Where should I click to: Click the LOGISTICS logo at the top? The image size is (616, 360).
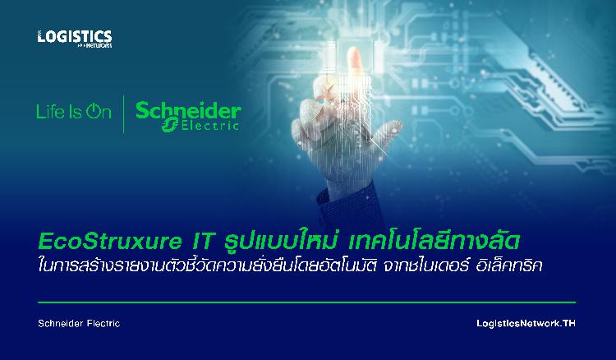coord(75,38)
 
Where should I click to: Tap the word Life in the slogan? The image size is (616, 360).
coord(49,111)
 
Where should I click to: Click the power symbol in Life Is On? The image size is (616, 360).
coord(94,111)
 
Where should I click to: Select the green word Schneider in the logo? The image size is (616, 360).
coord(188,111)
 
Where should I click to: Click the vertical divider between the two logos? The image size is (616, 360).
coord(124,114)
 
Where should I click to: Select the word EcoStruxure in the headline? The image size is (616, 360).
coord(110,242)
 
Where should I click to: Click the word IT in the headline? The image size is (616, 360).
coord(202,242)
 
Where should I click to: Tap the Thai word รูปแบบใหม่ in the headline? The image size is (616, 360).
coord(281,241)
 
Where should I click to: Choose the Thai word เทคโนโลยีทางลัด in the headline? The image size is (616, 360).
coord(434,241)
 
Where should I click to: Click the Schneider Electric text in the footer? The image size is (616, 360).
coord(79,324)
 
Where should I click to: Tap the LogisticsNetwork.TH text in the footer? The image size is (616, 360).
coord(526,324)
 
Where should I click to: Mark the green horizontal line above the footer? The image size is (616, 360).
coord(306,302)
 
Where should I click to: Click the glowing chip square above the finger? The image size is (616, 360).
coord(355,55)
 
